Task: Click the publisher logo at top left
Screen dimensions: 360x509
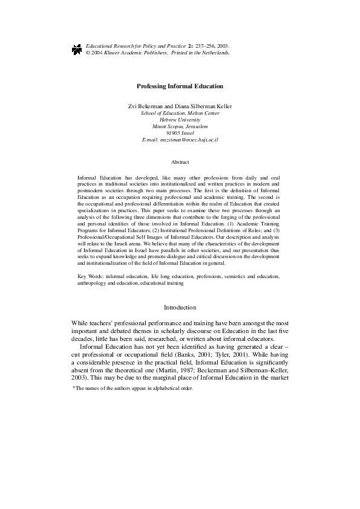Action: [x=76, y=50]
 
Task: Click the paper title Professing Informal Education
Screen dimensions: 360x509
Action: [x=180, y=86]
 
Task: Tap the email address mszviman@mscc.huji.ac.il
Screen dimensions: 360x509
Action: [x=188, y=139]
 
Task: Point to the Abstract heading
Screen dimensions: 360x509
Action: [x=180, y=162]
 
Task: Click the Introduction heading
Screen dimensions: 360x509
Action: [x=180, y=308]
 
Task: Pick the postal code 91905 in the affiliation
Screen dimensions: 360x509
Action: [x=173, y=132]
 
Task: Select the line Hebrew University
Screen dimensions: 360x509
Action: [x=180, y=120]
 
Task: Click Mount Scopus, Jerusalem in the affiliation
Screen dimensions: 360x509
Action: [x=180, y=126]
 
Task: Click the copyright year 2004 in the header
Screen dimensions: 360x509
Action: [x=100, y=53]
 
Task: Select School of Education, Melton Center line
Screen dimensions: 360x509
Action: [x=180, y=113]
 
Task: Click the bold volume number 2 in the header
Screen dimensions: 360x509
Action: [x=190, y=46]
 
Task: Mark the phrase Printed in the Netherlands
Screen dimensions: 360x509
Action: [x=201, y=53]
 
